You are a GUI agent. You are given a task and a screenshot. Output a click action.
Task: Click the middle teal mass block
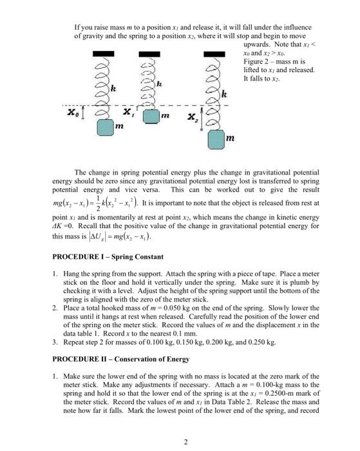[x=151, y=117]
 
